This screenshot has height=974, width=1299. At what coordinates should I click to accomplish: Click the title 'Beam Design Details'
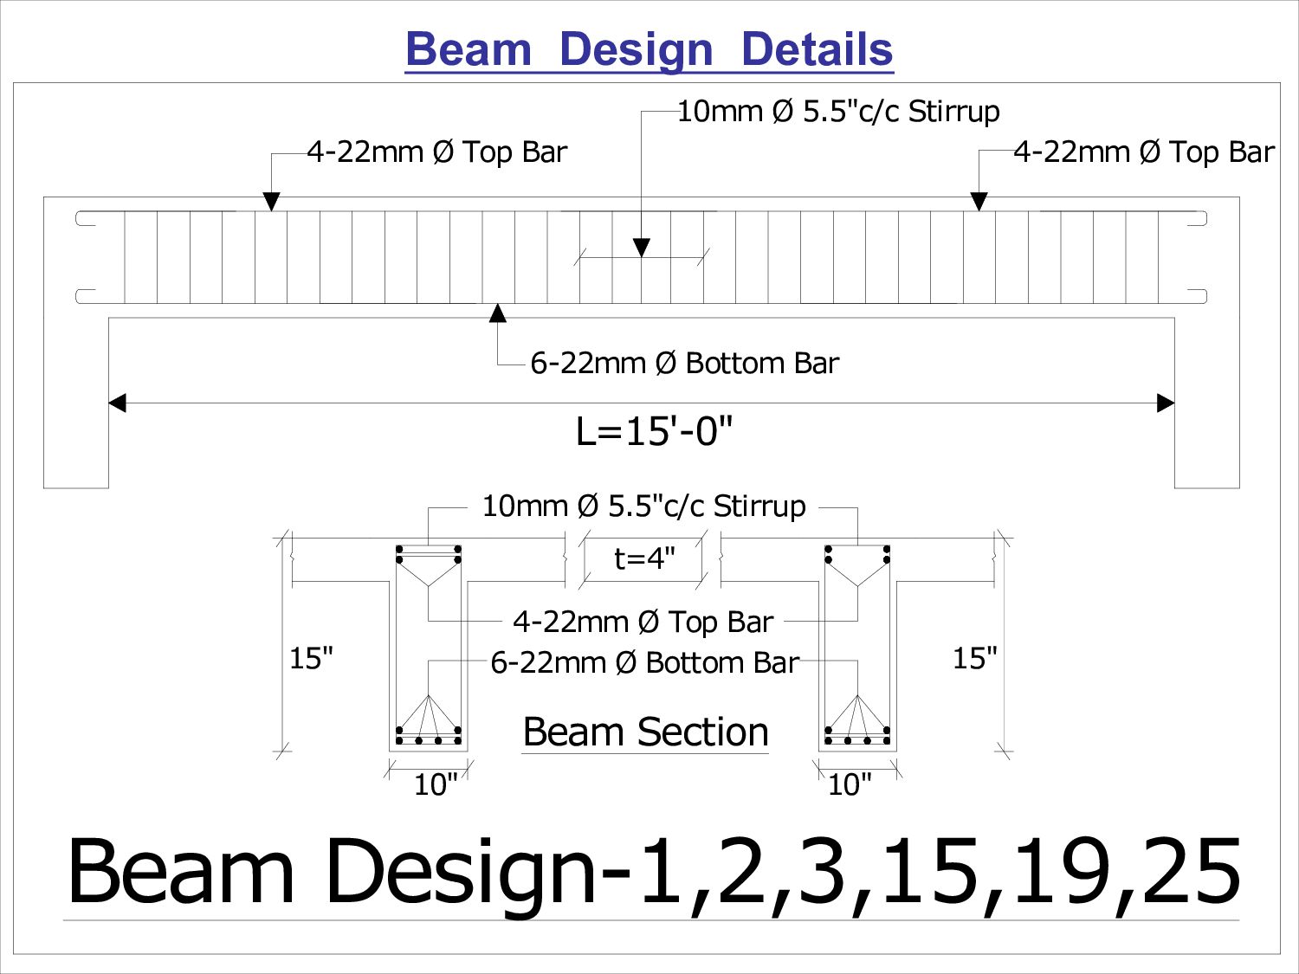point(649,49)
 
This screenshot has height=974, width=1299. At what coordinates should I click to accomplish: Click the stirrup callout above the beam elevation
point(838,112)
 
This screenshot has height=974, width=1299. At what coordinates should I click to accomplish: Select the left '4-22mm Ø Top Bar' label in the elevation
point(437,152)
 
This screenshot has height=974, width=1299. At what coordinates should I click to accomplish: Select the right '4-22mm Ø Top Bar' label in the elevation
point(1144,152)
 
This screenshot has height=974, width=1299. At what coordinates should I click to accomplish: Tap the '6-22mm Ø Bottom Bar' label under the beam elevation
point(685,363)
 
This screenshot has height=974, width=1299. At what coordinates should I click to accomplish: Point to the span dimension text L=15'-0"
point(654,431)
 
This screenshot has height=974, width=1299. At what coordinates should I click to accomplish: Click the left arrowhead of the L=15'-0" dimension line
point(117,403)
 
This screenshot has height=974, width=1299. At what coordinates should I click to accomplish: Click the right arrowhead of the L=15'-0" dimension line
point(1166,403)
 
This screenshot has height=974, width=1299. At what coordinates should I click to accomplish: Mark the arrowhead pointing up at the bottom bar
point(498,313)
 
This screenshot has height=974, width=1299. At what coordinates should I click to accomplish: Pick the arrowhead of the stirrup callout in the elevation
point(642,248)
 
